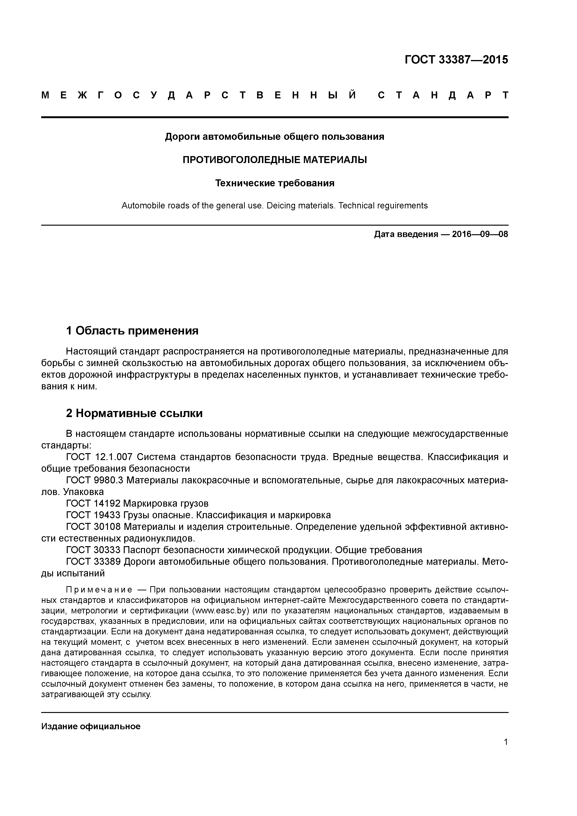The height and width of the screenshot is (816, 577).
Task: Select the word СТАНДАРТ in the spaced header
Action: [443, 95]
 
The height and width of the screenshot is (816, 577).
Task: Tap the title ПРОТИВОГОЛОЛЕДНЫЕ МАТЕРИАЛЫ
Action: [275, 160]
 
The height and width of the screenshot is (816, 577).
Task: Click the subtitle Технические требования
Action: [275, 183]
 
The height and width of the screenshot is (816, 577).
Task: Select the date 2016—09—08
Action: [480, 234]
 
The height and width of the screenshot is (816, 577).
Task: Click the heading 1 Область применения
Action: [132, 331]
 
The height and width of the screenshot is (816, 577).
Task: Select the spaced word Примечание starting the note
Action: [99, 590]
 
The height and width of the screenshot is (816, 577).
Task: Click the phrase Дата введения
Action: [406, 234]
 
